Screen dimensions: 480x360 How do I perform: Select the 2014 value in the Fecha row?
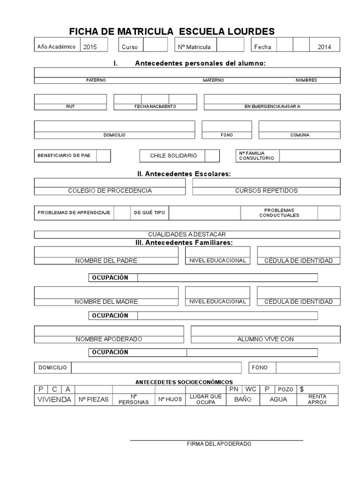pos(324,47)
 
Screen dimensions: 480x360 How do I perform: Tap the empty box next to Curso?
pos(155,45)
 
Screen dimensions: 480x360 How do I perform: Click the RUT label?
pos(70,107)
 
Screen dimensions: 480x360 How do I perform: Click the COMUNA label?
pos(300,135)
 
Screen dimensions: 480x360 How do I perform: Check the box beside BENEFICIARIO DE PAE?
pos(104,156)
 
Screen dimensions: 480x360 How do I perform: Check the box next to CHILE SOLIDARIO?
pos(212,156)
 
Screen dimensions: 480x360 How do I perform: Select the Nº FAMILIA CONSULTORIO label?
pos(256,156)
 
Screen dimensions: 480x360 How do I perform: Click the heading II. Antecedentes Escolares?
pos(184,174)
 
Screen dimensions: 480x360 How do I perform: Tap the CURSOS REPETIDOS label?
pos(266,191)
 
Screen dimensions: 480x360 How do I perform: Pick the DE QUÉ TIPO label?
pos(149,213)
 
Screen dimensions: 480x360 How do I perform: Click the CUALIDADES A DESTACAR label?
pos(187,234)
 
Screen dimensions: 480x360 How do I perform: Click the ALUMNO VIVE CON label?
pos(265,339)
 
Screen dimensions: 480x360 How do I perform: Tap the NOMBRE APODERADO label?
pos(109,339)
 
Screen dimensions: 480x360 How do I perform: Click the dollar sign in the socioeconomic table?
pos(302,389)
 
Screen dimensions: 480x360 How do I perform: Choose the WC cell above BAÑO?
pos(250,389)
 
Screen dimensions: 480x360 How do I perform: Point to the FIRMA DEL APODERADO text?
pos(219,443)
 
